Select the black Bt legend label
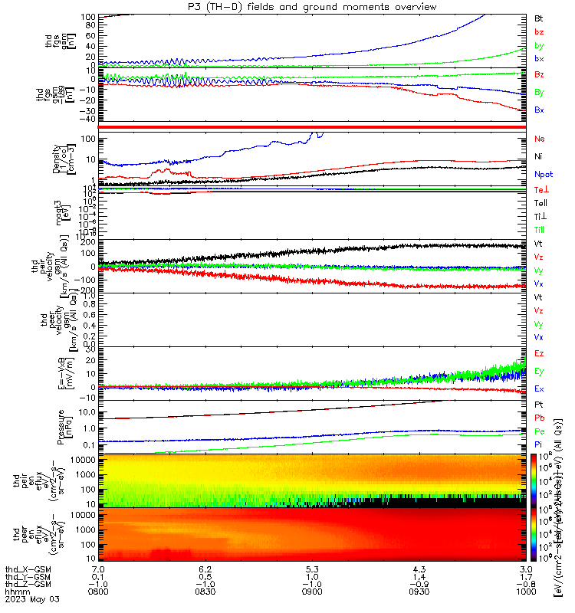point(538,17)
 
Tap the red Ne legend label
point(539,139)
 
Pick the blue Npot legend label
point(543,174)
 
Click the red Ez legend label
point(539,353)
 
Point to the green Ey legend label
point(539,371)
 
